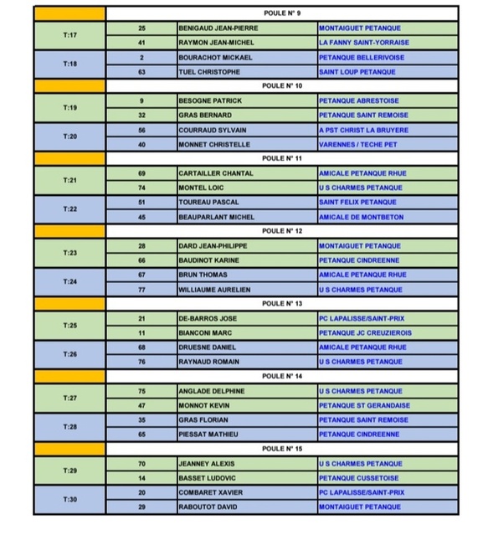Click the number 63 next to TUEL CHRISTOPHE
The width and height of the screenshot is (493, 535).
tap(142, 71)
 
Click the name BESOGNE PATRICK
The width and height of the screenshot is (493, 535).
tap(210, 100)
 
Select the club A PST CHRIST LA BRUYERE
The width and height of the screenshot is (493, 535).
tap(363, 130)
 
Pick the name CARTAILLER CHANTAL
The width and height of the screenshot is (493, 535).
tap(216, 172)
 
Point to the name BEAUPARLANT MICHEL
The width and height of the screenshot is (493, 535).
tap(216, 216)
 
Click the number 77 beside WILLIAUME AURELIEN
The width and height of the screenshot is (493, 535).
tap(142, 289)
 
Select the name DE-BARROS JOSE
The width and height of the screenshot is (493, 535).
tap(208, 318)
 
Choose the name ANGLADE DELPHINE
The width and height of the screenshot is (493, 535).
tap(212, 390)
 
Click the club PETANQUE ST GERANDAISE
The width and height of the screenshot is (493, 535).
tap(364, 404)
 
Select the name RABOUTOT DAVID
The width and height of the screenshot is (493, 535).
tap(209, 507)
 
